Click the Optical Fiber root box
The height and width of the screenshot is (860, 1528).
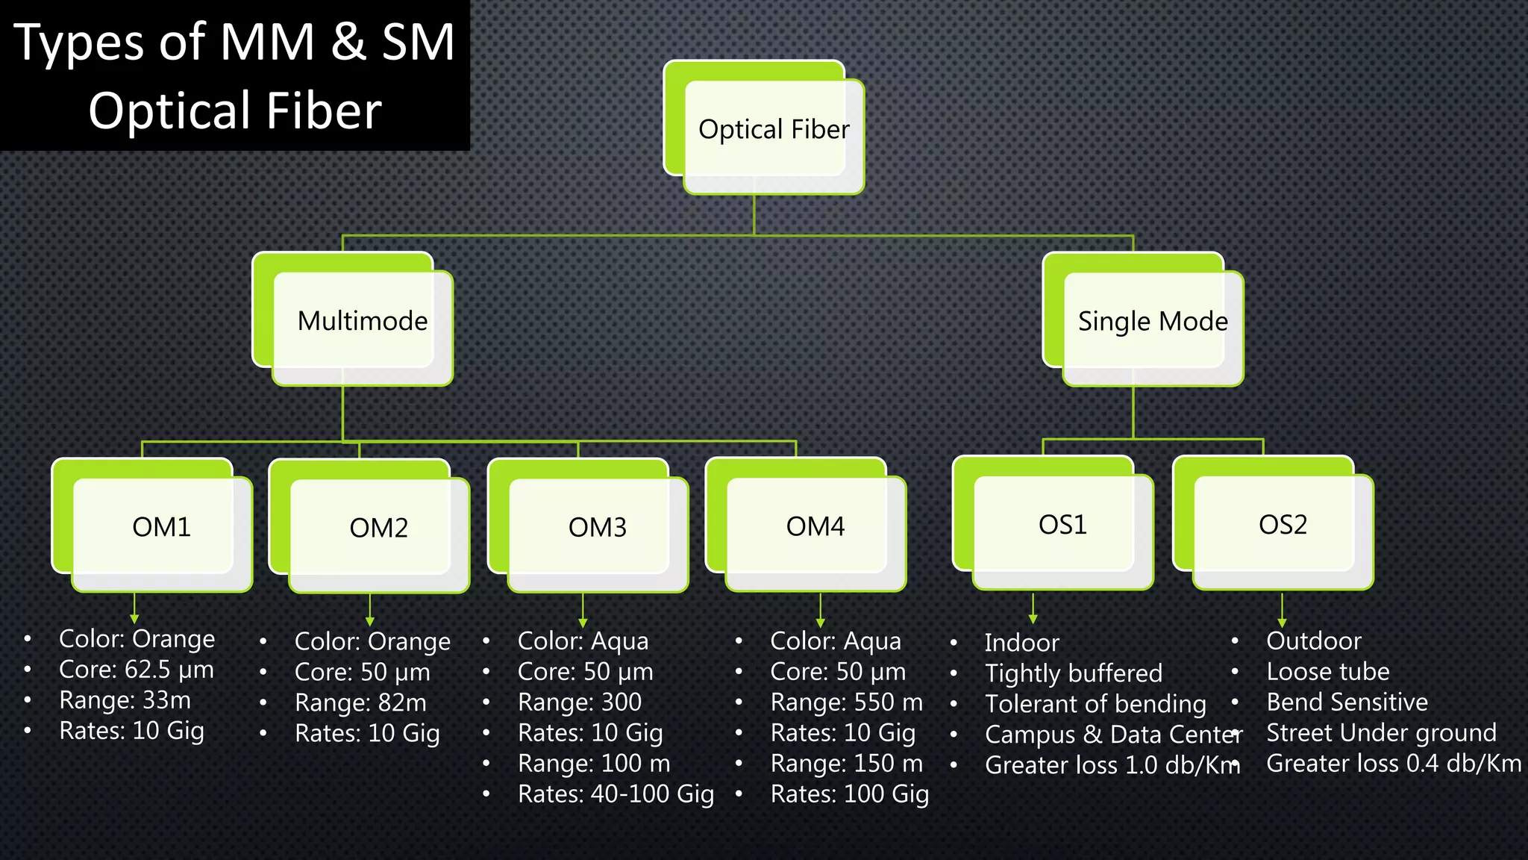(774, 130)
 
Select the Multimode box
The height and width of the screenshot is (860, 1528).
(363, 321)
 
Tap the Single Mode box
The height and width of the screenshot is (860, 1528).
(1153, 321)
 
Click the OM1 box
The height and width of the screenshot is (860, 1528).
(161, 527)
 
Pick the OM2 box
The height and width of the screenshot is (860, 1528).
(379, 528)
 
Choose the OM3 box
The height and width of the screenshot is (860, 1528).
(598, 527)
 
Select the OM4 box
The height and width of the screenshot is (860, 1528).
(815, 526)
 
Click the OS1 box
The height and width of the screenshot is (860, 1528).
(1062, 525)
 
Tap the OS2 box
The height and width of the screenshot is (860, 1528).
(1283, 524)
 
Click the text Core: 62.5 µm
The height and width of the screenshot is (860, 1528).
(137, 670)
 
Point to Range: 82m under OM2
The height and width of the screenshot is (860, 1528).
(360, 702)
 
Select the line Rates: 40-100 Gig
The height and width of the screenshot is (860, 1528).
(616, 794)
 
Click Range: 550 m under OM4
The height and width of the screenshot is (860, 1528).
(846, 702)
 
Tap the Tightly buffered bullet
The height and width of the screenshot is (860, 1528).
(1073, 673)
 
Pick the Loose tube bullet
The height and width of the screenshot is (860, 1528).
(1328, 671)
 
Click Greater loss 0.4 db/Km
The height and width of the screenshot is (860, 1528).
(1393, 763)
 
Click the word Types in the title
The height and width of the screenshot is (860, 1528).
(78, 43)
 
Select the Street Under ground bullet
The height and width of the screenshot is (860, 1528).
(1381, 732)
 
